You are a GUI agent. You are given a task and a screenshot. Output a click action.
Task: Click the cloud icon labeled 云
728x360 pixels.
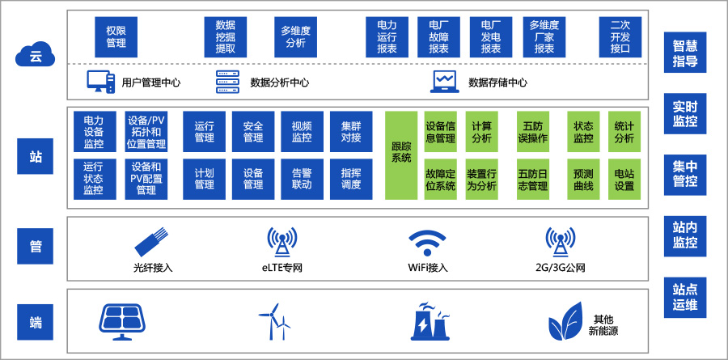pyautogui.click(x=35, y=57)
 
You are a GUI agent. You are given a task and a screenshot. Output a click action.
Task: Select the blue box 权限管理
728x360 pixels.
pyautogui.click(x=116, y=36)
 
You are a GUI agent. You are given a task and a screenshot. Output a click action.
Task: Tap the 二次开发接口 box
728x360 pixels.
pyautogui.click(x=620, y=36)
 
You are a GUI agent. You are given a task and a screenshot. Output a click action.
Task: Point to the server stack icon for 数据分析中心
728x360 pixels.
pyautogui.click(x=229, y=81)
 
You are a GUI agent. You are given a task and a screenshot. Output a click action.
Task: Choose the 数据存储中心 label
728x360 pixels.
pyautogui.click(x=497, y=82)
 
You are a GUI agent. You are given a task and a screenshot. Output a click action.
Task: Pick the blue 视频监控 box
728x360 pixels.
pyautogui.click(x=302, y=132)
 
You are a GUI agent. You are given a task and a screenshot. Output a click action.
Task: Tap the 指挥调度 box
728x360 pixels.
pyautogui.click(x=351, y=179)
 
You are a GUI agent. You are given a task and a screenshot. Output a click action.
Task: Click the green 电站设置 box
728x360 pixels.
pyautogui.click(x=624, y=179)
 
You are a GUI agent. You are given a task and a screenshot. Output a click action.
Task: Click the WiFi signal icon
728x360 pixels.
pyautogui.click(x=427, y=241)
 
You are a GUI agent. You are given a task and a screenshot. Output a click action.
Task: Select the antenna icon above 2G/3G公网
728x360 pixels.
pyautogui.click(x=560, y=241)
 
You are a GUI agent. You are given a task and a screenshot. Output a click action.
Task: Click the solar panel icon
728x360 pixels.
pyautogui.click(x=122, y=322)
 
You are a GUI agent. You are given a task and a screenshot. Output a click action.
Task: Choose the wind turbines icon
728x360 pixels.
pyautogui.click(x=274, y=322)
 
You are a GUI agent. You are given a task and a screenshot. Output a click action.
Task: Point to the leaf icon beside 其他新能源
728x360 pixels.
pyautogui.click(x=566, y=322)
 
